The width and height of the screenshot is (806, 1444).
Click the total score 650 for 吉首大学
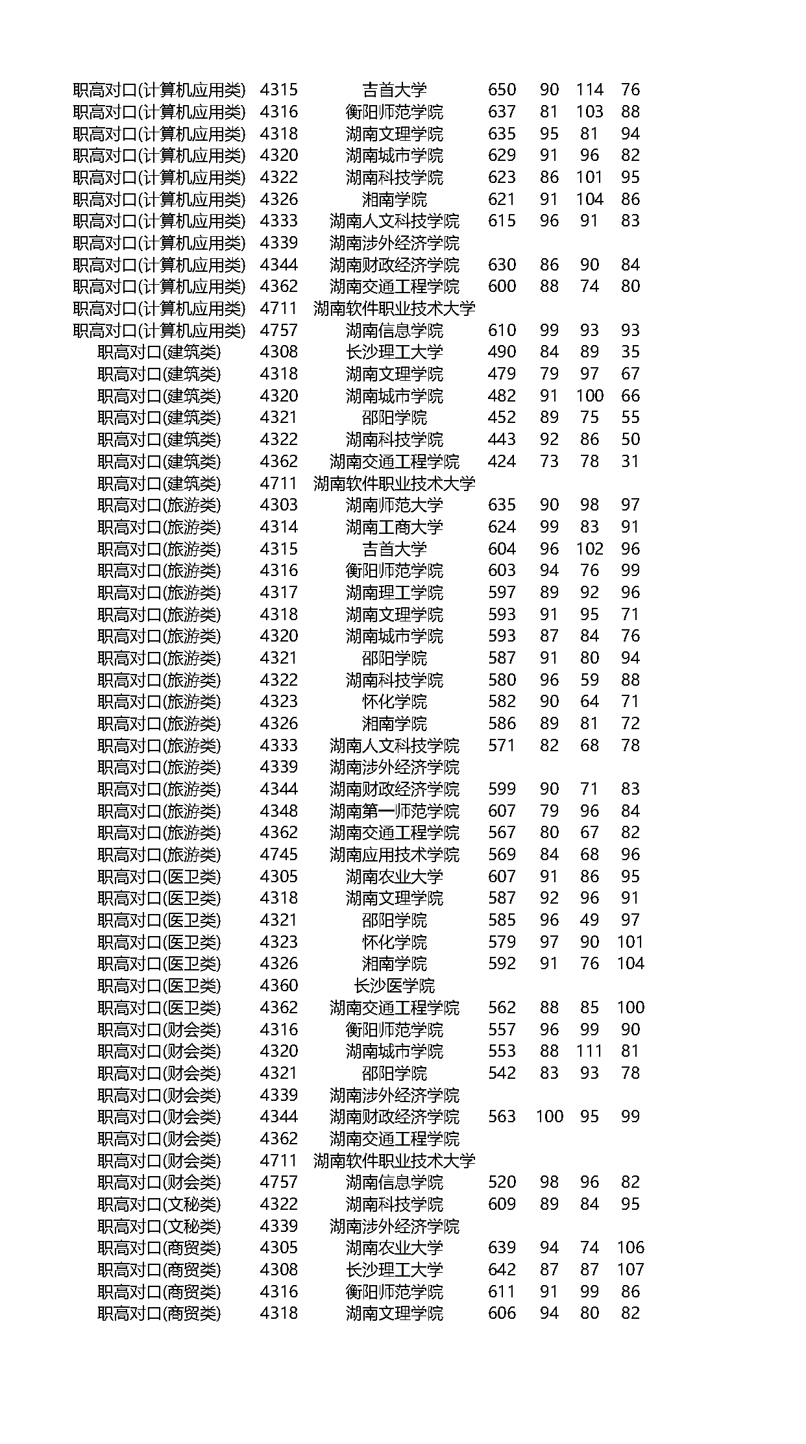502,90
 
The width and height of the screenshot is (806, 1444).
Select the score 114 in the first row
589,90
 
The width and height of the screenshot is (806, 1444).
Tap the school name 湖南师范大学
394,505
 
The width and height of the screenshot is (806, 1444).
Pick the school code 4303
278,505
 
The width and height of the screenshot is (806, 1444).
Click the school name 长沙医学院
394,986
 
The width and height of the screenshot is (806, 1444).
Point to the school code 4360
278,986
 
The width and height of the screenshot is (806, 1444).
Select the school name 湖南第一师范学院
394,811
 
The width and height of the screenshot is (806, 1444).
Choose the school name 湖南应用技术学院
394,854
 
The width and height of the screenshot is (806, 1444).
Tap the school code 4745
278,854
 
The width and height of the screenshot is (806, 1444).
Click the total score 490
502,352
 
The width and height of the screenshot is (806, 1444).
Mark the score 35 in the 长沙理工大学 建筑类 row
630,352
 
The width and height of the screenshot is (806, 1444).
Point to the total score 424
502,461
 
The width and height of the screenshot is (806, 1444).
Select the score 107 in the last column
630,1270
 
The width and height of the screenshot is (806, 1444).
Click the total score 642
502,1270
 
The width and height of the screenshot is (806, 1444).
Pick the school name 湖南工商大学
394,527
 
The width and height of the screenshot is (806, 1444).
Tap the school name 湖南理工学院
394,592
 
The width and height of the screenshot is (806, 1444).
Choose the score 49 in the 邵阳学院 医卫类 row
589,920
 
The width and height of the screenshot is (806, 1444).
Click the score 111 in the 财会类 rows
589,1051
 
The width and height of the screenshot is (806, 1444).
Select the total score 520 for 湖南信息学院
502,1182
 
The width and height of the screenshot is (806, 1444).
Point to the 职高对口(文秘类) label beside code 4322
159,1204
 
